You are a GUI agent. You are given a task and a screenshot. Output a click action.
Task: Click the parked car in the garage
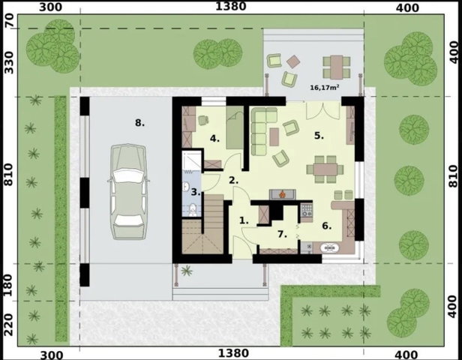pos(128,192)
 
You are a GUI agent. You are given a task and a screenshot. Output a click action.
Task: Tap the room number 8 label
pos(139,122)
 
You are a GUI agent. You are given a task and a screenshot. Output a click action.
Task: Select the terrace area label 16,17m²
pos(324,87)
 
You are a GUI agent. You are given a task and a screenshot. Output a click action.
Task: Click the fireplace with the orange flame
pos(282,194)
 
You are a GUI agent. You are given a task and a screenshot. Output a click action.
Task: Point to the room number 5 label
pos(319,136)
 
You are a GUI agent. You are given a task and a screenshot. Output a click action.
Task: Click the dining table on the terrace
pos(337,67)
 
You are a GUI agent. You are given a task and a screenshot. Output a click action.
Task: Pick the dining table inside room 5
pos(325,169)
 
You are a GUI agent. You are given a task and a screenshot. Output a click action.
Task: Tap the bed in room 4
pos(235,127)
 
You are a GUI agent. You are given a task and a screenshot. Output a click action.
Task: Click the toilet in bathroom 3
pos(193,210)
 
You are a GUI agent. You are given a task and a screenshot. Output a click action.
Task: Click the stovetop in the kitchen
pos(307,209)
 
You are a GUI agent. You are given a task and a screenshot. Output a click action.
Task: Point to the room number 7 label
pos(282,234)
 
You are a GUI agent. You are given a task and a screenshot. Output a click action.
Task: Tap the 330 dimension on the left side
pos(10,62)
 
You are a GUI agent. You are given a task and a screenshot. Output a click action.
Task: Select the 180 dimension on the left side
pos(10,285)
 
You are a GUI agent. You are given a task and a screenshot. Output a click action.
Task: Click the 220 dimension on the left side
pos(10,325)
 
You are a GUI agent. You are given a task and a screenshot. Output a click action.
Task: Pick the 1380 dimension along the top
pos(231,6)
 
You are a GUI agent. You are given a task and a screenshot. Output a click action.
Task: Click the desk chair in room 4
pos(203,120)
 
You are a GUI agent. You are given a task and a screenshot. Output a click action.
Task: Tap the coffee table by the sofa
pos(274,137)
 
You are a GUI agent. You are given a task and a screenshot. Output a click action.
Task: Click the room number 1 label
pos(244,220)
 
